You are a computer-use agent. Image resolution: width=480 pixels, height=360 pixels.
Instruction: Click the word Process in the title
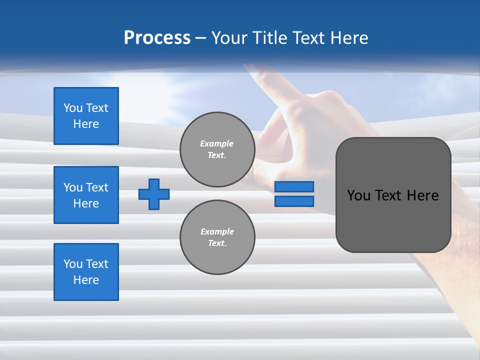(157, 38)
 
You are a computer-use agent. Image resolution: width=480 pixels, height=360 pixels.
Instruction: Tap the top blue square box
(86, 116)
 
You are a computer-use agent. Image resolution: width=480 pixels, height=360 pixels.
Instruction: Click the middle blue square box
(86, 195)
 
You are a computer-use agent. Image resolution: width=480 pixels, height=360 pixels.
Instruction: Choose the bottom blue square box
(86, 272)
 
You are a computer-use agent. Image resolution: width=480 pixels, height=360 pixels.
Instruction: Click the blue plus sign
(154, 194)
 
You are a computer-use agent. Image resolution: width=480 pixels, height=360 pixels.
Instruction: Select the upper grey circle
(217, 149)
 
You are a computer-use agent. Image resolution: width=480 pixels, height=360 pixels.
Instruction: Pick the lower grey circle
(217, 237)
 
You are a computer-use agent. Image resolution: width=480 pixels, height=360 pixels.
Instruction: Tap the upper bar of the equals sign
(294, 186)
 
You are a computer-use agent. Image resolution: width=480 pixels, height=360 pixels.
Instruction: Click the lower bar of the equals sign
(294, 201)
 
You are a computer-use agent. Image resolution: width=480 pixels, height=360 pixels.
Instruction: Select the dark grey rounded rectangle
(393, 195)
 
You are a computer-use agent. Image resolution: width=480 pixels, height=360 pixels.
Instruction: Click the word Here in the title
(347, 38)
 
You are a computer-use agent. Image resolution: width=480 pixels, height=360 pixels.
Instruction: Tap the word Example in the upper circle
(217, 143)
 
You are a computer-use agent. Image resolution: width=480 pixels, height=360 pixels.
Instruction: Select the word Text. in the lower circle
(217, 243)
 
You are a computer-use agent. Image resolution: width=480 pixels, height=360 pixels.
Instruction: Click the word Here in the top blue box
(86, 124)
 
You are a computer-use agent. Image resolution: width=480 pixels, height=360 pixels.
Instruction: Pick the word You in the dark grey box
(358, 195)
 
